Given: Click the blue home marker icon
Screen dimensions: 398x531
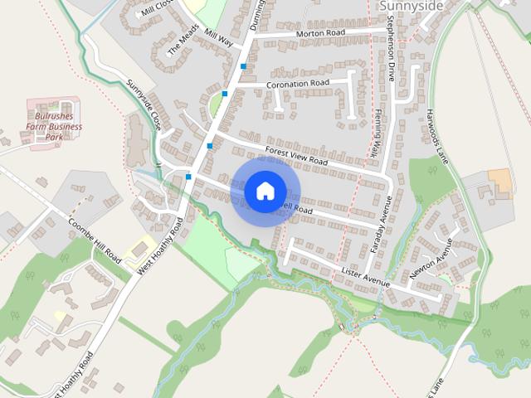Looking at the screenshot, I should pyautogui.click(x=265, y=191).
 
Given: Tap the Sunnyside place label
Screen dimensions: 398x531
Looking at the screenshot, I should pyautogui.click(x=412, y=6).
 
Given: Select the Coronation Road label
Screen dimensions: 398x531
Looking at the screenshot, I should pyautogui.click(x=299, y=84).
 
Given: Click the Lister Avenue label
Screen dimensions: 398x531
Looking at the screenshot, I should pyautogui.click(x=365, y=278).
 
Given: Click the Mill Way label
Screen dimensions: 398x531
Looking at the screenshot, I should pyautogui.click(x=220, y=39).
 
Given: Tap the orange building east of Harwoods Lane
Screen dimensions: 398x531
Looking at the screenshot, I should pyautogui.click(x=499, y=179).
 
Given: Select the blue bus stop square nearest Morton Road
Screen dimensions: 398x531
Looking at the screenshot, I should pyautogui.click(x=243, y=66).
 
